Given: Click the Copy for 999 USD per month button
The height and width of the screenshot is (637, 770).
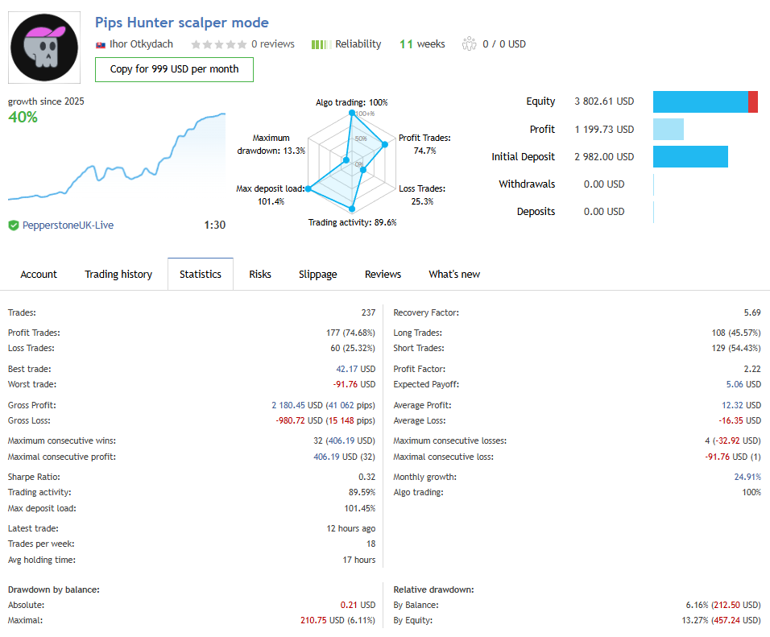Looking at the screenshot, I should (174, 69).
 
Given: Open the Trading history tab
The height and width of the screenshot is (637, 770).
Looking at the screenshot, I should (118, 275).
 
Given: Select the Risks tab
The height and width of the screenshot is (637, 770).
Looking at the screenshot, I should (260, 275).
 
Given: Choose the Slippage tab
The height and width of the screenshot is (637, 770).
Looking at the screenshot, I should (318, 275).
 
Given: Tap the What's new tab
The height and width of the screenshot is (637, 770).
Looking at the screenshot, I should (454, 275).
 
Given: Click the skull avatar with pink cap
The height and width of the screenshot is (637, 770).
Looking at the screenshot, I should (44, 48).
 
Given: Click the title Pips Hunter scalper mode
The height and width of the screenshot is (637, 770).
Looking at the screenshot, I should (182, 23).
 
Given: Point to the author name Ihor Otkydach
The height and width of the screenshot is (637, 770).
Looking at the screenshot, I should (141, 44).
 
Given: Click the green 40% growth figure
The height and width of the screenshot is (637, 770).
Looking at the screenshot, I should (23, 118).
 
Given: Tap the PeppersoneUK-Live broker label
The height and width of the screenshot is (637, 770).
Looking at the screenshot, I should (67, 225).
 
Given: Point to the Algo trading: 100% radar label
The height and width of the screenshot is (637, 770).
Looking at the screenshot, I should (352, 103).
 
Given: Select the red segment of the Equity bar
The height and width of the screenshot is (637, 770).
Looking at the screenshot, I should (753, 102).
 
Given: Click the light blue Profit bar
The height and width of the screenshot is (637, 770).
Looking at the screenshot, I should (668, 130).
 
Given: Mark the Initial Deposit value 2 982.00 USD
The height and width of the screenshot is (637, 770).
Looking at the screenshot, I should (604, 157).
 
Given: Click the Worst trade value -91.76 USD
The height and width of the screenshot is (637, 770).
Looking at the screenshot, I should (354, 385).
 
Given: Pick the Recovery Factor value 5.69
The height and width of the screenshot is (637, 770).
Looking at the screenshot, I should (752, 312).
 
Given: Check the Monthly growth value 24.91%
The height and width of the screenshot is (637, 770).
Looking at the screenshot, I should (746, 477).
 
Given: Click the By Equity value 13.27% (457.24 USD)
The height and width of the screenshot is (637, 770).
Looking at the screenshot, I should (714, 620).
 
